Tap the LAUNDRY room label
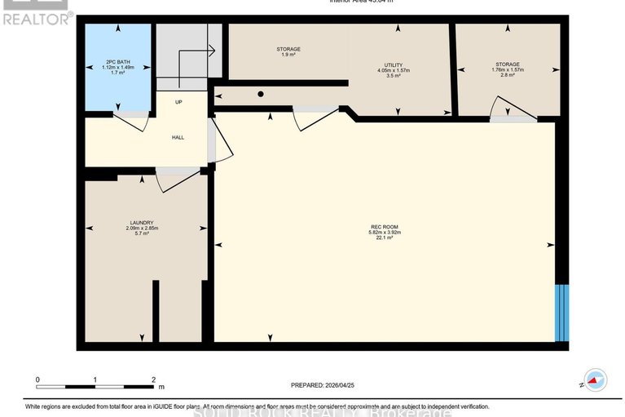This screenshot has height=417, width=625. pos(141,223)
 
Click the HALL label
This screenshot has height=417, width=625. pos(178,137)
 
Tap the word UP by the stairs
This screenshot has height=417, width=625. pos(178,102)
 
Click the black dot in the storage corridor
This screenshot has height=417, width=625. pos(260,95)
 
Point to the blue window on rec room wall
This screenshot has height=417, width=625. pos(560,313)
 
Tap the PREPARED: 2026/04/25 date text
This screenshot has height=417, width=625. pos(324,384)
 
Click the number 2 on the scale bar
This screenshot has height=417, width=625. pos(152,380)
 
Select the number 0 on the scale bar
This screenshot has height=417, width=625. pos(37,380)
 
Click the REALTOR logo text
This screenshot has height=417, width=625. pos(37,17)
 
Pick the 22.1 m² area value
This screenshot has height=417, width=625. pos(385,238)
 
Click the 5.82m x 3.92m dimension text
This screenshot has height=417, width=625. pos(385,233)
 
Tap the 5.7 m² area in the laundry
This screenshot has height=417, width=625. pos(141,234)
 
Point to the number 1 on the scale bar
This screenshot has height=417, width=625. pos(95,380)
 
